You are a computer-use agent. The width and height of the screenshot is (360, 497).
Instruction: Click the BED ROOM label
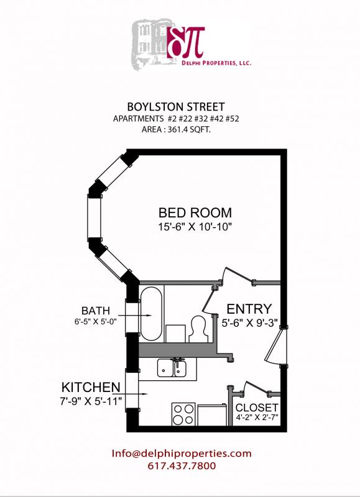(195, 212)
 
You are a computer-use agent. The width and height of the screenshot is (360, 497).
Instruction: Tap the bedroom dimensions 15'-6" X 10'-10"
(195, 227)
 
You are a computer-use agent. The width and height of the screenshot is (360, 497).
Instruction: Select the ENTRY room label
(249, 309)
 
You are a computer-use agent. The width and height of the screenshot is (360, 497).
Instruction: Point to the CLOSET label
(257, 408)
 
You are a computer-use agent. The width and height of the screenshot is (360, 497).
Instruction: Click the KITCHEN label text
(90, 386)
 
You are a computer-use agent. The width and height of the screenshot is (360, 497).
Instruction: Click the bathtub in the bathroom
(152, 314)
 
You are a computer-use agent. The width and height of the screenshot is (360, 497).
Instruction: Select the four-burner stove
(183, 414)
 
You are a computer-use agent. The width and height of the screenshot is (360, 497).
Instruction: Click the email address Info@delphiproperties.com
(182, 453)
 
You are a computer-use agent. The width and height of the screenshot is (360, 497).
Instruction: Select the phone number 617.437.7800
(181, 465)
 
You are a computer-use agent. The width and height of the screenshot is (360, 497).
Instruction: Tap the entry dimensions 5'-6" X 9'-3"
(249, 323)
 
